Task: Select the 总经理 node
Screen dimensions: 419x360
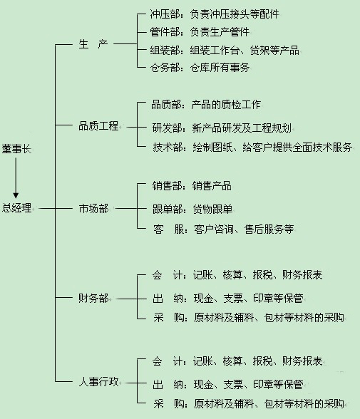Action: (17, 208)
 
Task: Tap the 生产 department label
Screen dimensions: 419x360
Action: (93, 44)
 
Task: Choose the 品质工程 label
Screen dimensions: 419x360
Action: (98, 126)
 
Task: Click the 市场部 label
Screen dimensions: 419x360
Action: (93, 208)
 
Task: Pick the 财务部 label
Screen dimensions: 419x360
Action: (93, 297)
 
